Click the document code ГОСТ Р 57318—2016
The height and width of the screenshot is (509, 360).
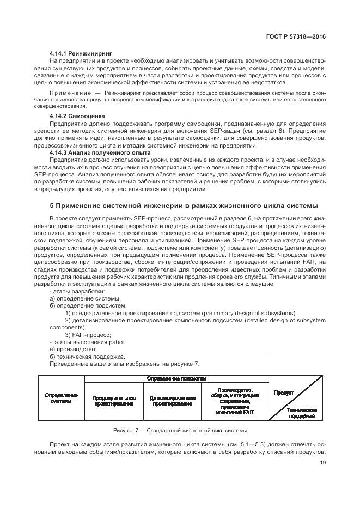coord(292,36)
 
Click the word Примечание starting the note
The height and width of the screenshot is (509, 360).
coord(70,94)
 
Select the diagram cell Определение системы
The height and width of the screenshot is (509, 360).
coord(60,398)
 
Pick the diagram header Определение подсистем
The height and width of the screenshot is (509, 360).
coord(176,378)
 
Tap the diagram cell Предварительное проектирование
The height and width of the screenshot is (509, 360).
coord(113,401)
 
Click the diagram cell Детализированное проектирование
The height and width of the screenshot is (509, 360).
coord(172,401)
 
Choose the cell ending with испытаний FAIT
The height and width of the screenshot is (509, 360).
coord(234,401)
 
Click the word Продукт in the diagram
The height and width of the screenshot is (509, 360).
coord(284,393)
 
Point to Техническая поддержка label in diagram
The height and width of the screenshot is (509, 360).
coord(303,412)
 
